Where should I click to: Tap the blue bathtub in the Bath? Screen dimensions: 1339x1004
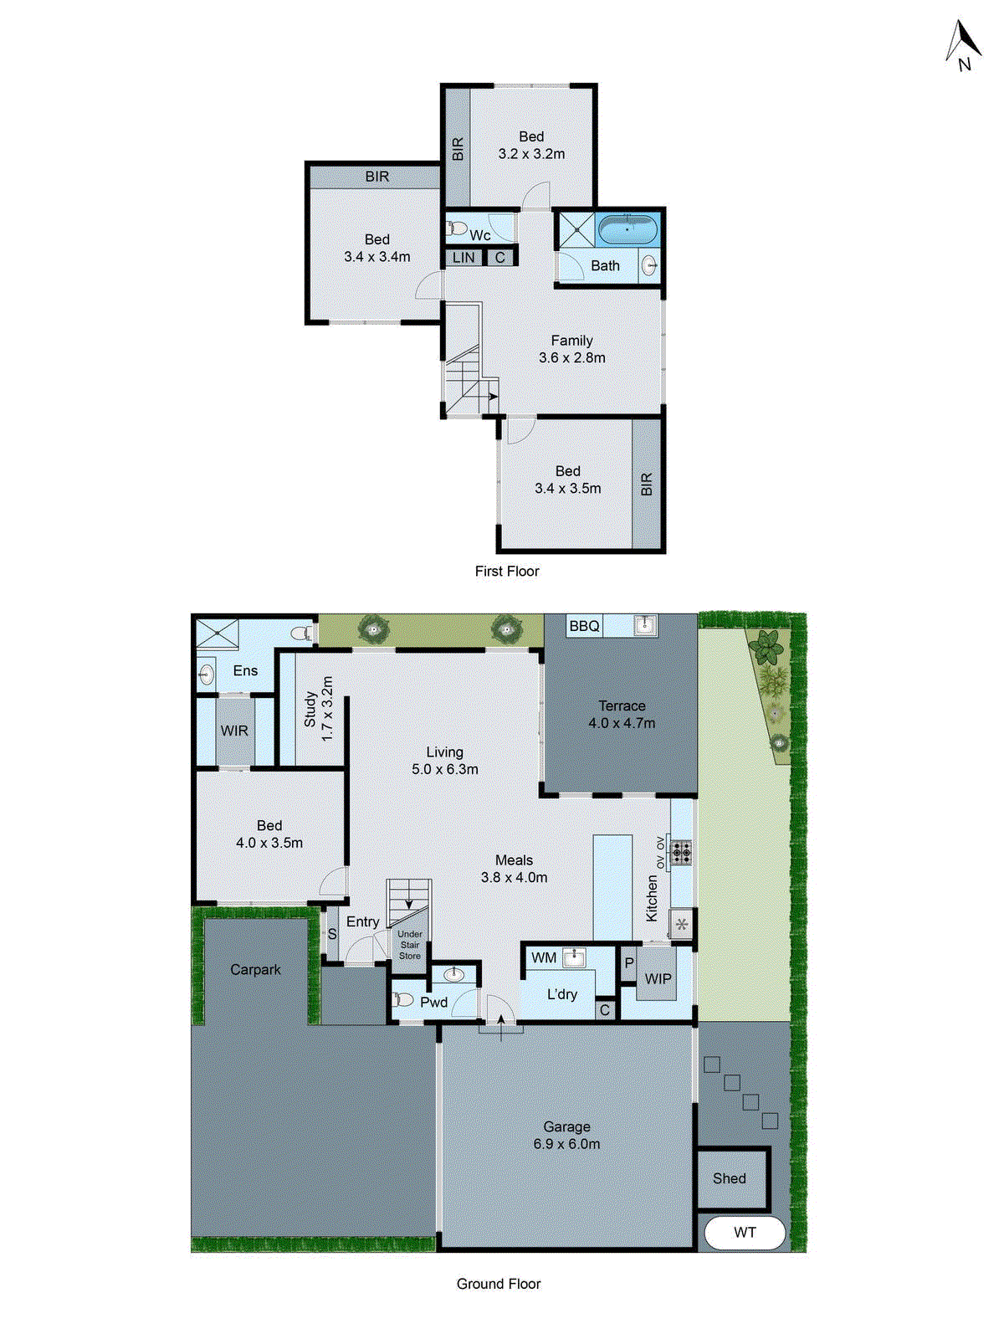(x=627, y=228)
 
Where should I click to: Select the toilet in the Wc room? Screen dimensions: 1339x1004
(x=458, y=228)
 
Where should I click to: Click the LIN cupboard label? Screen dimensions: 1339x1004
(x=464, y=258)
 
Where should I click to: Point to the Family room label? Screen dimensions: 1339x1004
(x=571, y=341)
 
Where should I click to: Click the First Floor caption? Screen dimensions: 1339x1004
(x=507, y=571)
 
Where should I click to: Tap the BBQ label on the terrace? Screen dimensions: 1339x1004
(x=584, y=626)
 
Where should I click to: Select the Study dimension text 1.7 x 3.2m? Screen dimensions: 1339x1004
(x=327, y=708)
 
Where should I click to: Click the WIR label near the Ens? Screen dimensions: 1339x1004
(x=234, y=731)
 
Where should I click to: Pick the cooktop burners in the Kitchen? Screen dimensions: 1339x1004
(x=682, y=853)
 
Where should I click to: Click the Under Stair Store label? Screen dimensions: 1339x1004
(x=410, y=945)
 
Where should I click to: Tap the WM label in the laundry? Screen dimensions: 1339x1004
(x=544, y=957)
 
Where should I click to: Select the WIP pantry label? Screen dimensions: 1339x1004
(x=658, y=978)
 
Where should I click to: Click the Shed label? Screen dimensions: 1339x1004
(x=730, y=1178)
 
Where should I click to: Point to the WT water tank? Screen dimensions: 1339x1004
(x=745, y=1233)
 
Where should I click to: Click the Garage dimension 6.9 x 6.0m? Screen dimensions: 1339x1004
(x=566, y=1144)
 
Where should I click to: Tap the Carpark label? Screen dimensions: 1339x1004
(x=255, y=969)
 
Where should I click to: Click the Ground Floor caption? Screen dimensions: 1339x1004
(x=499, y=1284)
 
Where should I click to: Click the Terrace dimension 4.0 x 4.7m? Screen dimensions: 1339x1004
(x=622, y=723)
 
